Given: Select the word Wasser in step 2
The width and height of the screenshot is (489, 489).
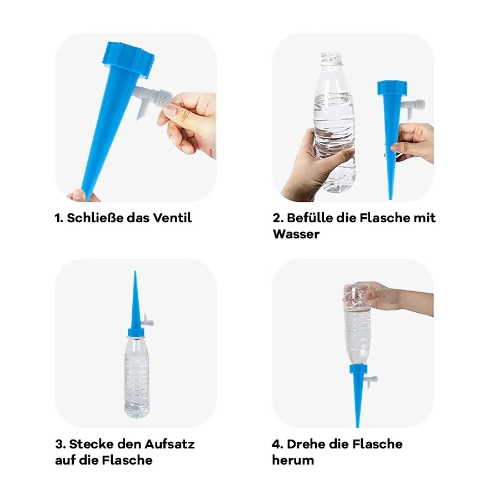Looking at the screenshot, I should pyautogui.click(x=296, y=234).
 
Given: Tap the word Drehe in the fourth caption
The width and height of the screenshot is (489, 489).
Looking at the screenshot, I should pyautogui.click(x=306, y=444).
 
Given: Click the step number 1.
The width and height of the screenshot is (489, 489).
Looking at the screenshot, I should pyautogui.click(x=58, y=218).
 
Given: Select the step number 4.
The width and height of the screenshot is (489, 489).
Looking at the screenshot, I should pyautogui.click(x=276, y=444).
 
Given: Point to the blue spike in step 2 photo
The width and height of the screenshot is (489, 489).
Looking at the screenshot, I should pyautogui.click(x=391, y=133).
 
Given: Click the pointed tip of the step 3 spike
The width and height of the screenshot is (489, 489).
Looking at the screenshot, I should pyautogui.click(x=135, y=275).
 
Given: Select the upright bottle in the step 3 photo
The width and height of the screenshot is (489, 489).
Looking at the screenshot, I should pyautogui.click(x=136, y=375).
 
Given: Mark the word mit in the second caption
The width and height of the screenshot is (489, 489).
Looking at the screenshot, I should pyautogui.click(x=425, y=218).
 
